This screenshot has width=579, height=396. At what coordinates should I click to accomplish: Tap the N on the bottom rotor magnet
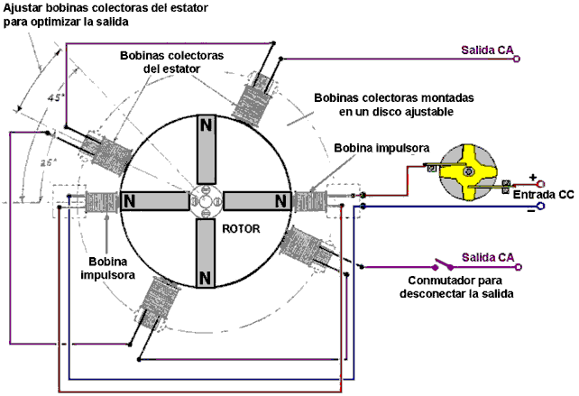pyautogui.click(x=207, y=275)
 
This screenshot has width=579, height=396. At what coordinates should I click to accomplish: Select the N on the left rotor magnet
pyautogui.click(x=132, y=199)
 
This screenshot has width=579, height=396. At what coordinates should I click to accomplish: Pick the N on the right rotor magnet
pyautogui.click(x=281, y=199)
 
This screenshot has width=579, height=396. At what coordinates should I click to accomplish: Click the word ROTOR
pyautogui.click(x=242, y=228)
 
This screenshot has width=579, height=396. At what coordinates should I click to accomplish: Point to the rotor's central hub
pyautogui.click(x=207, y=199)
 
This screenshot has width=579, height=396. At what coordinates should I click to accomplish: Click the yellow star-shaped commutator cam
pyautogui.click(x=468, y=171)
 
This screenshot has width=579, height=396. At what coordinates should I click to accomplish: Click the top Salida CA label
pyautogui.click(x=487, y=51)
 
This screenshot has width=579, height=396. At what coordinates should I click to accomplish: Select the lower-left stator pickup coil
pyautogui.click(x=156, y=299)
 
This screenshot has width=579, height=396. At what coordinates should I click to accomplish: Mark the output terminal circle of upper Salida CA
pyautogui.click(x=518, y=60)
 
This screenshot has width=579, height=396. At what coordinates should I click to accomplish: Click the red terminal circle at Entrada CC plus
pyautogui.click(x=540, y=184)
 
